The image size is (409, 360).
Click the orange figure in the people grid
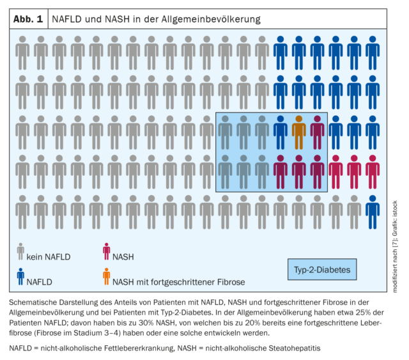298,132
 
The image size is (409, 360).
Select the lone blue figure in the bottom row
373,212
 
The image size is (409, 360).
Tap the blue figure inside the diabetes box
281,132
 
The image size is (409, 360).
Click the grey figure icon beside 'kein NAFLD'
20,251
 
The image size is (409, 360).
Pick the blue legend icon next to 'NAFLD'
20,276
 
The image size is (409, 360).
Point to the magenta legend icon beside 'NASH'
107,251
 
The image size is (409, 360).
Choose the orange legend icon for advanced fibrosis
107,276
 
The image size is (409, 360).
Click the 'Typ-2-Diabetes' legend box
322,269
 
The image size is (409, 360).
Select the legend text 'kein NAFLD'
49,257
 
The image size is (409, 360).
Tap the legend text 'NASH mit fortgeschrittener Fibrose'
179,282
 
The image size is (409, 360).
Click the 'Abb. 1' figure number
28,19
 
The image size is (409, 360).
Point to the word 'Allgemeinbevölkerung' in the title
211,19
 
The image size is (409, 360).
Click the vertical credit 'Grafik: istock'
395,219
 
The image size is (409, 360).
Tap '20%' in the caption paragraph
252,323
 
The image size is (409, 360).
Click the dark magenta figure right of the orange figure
317,132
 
